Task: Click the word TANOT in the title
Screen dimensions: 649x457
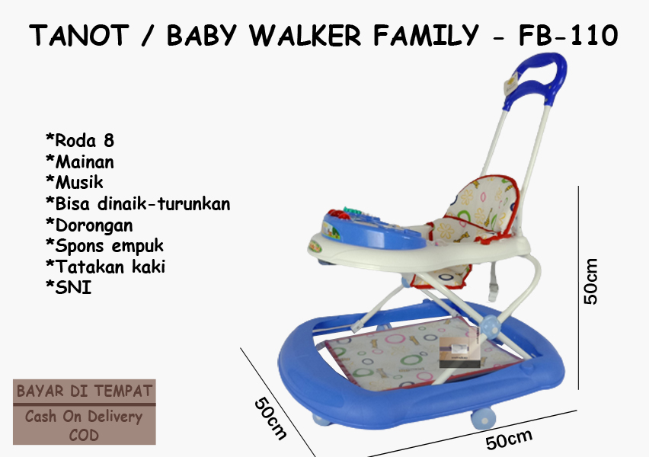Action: tap(79, 35)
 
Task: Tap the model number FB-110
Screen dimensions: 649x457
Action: tap(568, 35)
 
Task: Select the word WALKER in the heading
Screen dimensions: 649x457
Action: tap(305, 35)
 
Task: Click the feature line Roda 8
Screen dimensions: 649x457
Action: tap(80, 140)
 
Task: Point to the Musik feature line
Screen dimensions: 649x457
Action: tap(75, 182)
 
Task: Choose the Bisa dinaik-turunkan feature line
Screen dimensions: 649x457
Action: tap(138, 203)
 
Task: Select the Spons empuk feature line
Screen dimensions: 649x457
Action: tap(104, 245)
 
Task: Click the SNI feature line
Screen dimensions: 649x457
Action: tap(69, 287)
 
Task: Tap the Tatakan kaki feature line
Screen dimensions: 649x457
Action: tap(106, 266)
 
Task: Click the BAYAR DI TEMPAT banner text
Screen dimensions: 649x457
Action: tap(85, 391)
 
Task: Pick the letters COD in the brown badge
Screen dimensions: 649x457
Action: tap(84, 435)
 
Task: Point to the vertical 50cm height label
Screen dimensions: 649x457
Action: tap(591, 282)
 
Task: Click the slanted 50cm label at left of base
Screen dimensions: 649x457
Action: tap(270, 418)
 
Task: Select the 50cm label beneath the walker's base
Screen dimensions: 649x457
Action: tap(509, 439)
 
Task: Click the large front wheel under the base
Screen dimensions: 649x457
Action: tap(483, 418)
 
